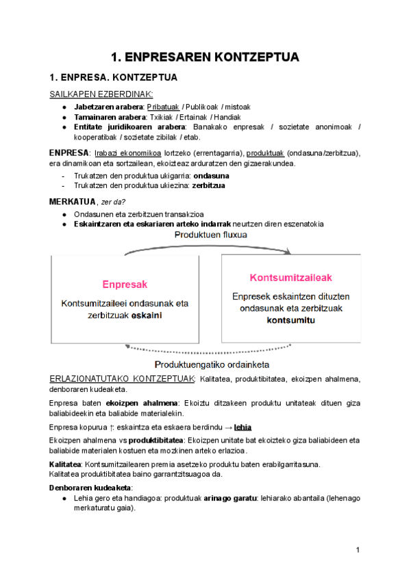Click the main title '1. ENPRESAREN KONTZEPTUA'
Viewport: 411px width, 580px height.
(x=206, y=57)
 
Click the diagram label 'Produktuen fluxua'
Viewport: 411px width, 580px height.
(x=210, y=235)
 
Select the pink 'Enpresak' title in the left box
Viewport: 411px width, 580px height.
(x=125, y=284)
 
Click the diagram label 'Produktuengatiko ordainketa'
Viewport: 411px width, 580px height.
(x=212, y=363)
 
